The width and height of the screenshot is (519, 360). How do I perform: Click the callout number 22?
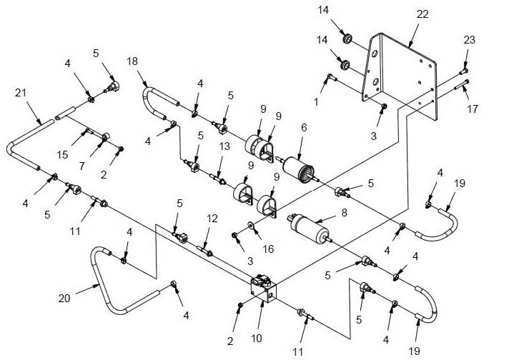(422, 14)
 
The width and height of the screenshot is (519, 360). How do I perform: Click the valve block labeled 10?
(264, 289)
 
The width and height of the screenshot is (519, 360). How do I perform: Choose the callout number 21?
(21, 93)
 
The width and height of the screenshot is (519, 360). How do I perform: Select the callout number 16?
(269, 249)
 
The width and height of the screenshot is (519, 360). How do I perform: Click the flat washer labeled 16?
(251, 226)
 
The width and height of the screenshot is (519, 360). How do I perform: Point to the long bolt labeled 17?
(461, 84)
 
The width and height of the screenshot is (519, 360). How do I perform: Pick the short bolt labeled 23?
(464, 71)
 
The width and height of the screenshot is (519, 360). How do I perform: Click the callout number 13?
(224, 146)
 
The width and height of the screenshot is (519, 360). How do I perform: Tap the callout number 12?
(212, 219)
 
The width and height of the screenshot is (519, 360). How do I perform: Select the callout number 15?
(62, 155)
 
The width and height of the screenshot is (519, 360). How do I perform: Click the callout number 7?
(81, 166)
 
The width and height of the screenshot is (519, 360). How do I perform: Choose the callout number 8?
(345, 213)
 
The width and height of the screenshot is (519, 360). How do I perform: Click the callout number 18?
(132, 61)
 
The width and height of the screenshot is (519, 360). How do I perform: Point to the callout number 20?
(64, 299)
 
